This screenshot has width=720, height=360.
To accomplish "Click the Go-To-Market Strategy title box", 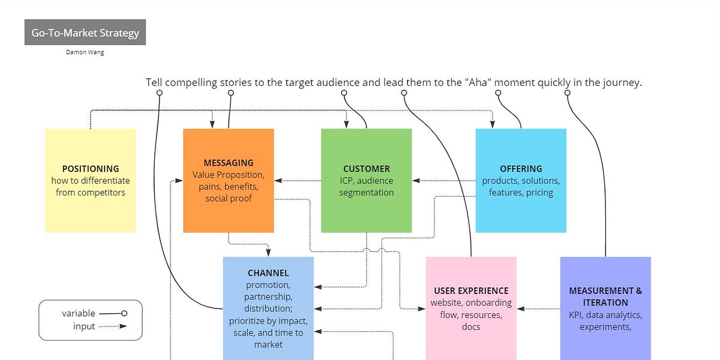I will point(85,32).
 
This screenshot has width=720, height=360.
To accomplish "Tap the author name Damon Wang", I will point(85,52).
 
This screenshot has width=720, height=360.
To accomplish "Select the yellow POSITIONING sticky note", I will point(91,180).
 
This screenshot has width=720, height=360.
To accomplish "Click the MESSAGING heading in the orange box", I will point(228,163).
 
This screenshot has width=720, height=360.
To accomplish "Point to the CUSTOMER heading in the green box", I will point(366,169).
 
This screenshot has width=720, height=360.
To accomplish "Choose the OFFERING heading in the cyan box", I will point(521,169).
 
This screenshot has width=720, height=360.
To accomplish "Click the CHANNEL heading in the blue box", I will point(268,273).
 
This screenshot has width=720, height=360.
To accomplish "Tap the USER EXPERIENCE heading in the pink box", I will point(471,290).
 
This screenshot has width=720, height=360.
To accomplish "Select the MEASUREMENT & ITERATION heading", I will point(605,296).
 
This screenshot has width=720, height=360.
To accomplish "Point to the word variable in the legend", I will point(78,313).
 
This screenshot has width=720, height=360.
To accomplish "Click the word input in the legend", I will point(84,326).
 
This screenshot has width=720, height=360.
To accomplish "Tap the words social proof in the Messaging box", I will point(228,199).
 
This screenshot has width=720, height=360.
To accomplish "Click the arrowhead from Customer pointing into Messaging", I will point(278,180).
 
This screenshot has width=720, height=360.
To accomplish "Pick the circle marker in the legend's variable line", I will point(124,313).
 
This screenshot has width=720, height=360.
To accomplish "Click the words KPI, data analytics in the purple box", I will point(605,315).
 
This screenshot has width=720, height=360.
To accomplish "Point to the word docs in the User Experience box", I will point(471,327).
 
